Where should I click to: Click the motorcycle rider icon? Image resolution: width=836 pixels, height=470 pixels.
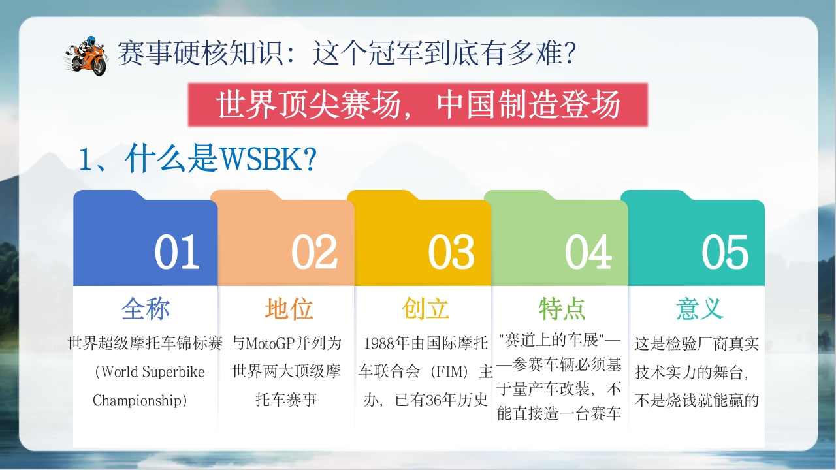(85, 56)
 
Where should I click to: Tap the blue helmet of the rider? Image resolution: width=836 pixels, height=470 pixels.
(90, 40)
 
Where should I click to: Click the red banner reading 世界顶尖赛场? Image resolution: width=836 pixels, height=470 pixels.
(417, 105)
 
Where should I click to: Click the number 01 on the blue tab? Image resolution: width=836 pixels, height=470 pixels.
(177, 252)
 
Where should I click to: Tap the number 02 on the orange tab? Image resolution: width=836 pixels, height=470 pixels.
(314, 252)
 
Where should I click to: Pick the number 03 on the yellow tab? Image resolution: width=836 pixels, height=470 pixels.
(451, 252)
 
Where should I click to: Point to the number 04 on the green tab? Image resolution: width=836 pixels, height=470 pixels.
(588, 252)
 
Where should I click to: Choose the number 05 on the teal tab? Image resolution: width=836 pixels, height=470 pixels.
(725, 252)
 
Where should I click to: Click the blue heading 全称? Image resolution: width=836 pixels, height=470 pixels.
(146, 309)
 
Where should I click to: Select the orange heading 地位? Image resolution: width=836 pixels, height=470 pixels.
(289, 309)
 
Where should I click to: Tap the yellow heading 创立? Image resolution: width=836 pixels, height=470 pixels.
(426, 309)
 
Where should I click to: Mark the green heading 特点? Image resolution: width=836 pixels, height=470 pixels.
(562, 309)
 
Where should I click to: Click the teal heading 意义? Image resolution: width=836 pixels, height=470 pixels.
(699, 309)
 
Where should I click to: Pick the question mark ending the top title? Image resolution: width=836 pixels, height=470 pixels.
(570, 54)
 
